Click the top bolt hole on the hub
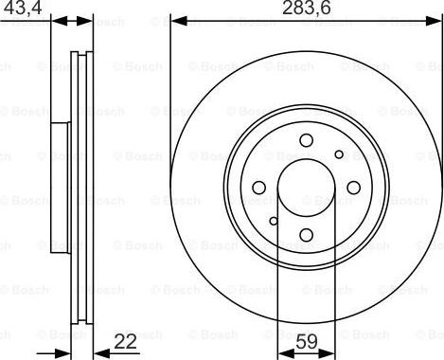click(x=306, y=141)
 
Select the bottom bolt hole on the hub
click(x=306, y=235)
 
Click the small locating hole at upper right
click(x=338, y=153)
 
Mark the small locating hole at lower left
click(x=274, y=223)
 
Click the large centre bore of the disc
click(x=306, y=188)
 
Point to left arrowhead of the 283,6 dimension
click(x=176, y=20)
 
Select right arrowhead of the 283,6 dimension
click(x=435, y=20)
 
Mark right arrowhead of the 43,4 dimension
click(x=92, y=20)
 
